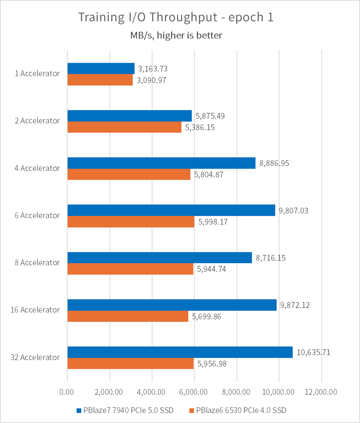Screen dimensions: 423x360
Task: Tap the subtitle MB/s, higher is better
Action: tap(176, 36)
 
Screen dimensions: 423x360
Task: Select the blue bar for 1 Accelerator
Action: tap(101, 68)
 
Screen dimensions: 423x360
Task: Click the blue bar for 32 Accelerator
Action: tap(180, 352)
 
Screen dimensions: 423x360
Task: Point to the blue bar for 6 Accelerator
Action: tap(171, 210)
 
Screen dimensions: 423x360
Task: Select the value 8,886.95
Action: tap(274, 163)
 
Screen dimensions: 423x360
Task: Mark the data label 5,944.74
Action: tap(211, 269)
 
